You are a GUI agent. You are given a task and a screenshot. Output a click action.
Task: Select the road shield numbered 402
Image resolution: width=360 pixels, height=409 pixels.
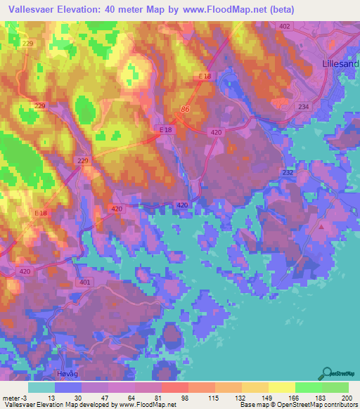284,26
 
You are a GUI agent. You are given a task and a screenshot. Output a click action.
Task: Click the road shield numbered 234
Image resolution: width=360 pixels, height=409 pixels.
304,106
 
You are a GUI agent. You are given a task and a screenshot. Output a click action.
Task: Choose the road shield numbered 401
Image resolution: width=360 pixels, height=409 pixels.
84,282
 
